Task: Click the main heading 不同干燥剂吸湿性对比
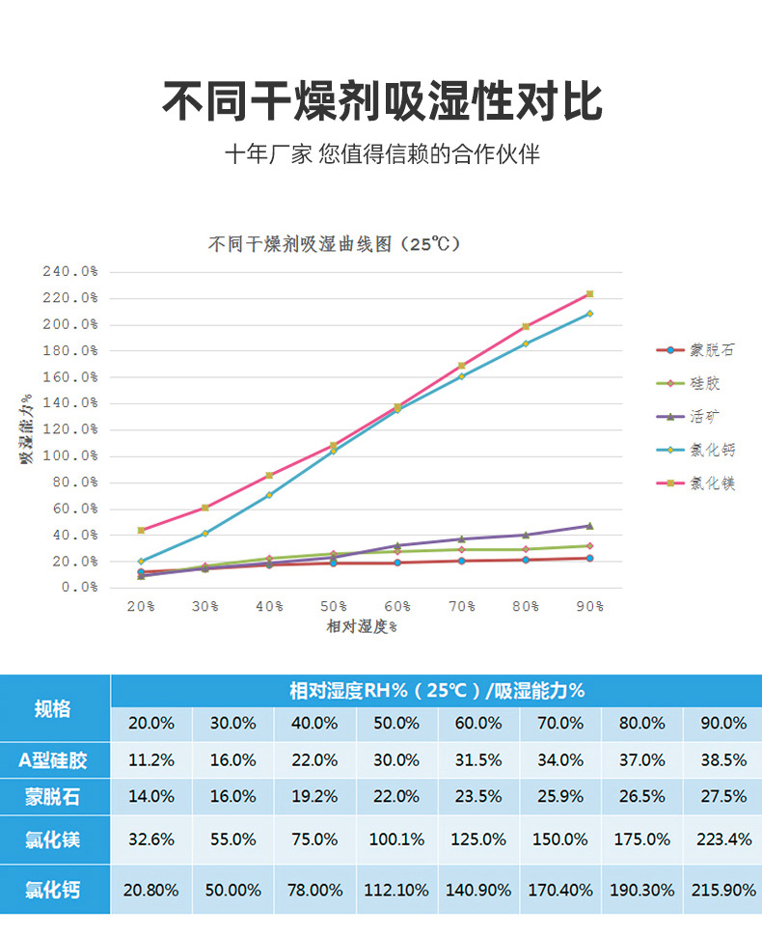[x=381, y=101]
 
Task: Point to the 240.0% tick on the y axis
[x=69, y=272]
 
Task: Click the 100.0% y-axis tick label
[x=69, y=455]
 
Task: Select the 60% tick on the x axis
[x=397, y=606]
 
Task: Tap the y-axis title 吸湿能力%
[x=26, y=428]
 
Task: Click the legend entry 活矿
[x=705, y=417]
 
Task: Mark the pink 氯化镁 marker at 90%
[x=589, y=293]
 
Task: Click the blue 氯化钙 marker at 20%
[x=141, y=561]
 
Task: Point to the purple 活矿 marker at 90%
[x=589, y=526]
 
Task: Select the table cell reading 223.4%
[x=723, y=840]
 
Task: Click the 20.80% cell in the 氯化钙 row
[x=150, y=890]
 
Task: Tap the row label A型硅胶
[x=53, y=759]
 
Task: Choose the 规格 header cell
[x=53, y=709]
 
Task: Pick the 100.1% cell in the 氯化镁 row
[x=396, y=840]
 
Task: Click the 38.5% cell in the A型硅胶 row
[x=723, y=759]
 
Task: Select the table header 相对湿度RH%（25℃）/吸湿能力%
[x=437, y=691]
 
